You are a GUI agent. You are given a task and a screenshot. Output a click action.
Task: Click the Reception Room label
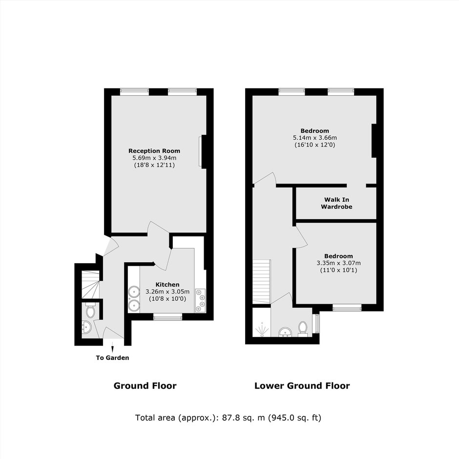point(154,151)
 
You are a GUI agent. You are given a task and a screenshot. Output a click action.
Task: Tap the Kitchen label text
point(167,285)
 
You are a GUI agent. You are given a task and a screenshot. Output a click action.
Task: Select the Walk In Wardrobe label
point(336,203)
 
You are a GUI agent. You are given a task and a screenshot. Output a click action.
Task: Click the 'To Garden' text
point(112,358)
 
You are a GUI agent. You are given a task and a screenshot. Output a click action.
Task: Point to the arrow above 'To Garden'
point(112,346)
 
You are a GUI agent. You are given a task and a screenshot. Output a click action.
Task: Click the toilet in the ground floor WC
point(90,311)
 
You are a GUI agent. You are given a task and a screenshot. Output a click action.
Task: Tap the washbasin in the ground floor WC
point(86,327)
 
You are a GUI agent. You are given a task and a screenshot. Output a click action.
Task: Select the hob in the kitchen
point(200,300)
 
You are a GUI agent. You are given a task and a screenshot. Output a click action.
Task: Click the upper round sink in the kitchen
point(134,292)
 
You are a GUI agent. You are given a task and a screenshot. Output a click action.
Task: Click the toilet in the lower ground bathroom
point(302,329)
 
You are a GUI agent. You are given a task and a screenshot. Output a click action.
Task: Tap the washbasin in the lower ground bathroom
point(284,332)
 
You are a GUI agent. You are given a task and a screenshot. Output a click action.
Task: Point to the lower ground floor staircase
point(261,282)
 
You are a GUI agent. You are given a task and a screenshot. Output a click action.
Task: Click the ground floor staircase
point(91,285)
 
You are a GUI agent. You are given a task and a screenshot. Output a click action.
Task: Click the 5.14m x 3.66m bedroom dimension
point(314,138)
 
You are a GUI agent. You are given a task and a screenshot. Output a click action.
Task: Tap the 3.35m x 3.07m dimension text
point(338,263)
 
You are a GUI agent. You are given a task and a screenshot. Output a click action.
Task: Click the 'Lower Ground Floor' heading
point(302,386)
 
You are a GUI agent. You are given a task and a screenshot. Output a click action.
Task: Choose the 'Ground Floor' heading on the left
point(145,386)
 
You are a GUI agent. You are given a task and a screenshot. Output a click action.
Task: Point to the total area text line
point(229,417)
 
